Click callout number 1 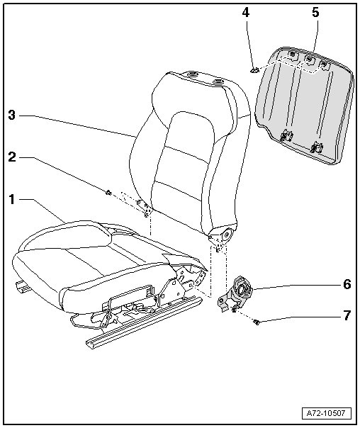pyautogui.click(x=12, y=200)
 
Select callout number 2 pyautogui.click(x=12, y=157)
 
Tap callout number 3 pyautogui.click(x=12, y=116)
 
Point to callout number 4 pyautogui.click(x=246, y=12)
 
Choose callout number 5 pyautogui.click(x=315, y=12)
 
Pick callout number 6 pyautogui.click(x=347, y=284)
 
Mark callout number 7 pyautogui.click(x=347, y=315)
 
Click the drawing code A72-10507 pyautogui.click(x=325, y=413)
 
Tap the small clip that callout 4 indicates pyautogui.click(x=254, y=70)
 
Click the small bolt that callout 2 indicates pyautogui.click(x=108, y=193)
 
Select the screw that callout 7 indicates pyautogui.click(x=257, y=323)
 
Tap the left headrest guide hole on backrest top pyautogui.click(x=193, y=74)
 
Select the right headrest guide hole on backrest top pyautogui.click(x=218, y=81)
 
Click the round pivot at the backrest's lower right pyautogui.click(x=226, y=235)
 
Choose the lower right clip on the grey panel pyautogui.click(x=316, y=147)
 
